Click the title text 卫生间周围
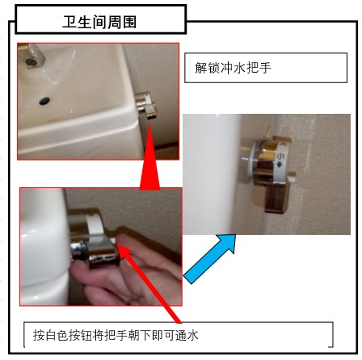99,22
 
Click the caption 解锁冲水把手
233,68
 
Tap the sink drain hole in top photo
44,101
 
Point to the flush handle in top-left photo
147,106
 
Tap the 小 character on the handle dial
280,156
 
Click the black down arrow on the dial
280,165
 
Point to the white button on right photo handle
291,177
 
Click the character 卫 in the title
69,22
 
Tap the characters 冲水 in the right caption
233,68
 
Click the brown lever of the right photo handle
277,198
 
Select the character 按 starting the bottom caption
39,335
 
